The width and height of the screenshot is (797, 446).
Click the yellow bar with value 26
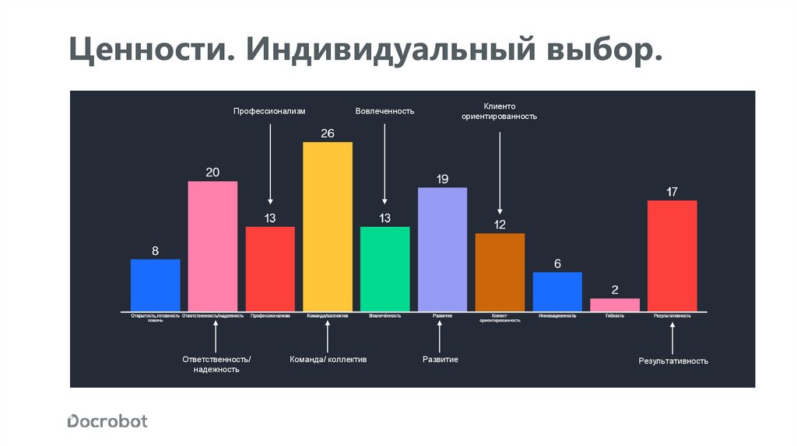click(328, 226)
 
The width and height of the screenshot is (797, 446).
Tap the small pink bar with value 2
click(615, 305)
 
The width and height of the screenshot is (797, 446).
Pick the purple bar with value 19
click(442, 249)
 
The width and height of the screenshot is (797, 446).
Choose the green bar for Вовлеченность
click(384, 268)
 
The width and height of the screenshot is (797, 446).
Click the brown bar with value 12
click(500, 272)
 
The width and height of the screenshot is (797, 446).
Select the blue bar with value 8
click(155, 284)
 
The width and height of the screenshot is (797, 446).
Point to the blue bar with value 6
click(557, 291)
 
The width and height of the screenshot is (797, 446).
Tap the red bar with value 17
click(672, 255)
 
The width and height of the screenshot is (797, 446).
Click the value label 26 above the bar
click(328, 133)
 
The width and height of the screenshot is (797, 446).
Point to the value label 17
click(672, 191)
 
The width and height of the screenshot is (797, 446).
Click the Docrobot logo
click(107, 421)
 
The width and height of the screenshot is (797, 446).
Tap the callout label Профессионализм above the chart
click(270, 111)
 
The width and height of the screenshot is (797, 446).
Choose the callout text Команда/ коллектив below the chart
click(328, 360)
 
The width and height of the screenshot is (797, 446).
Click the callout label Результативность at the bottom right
click(673, 361)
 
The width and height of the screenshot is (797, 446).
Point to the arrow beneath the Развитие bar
click(440, 336)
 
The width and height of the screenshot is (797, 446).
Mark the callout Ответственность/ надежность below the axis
click(216, 364)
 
